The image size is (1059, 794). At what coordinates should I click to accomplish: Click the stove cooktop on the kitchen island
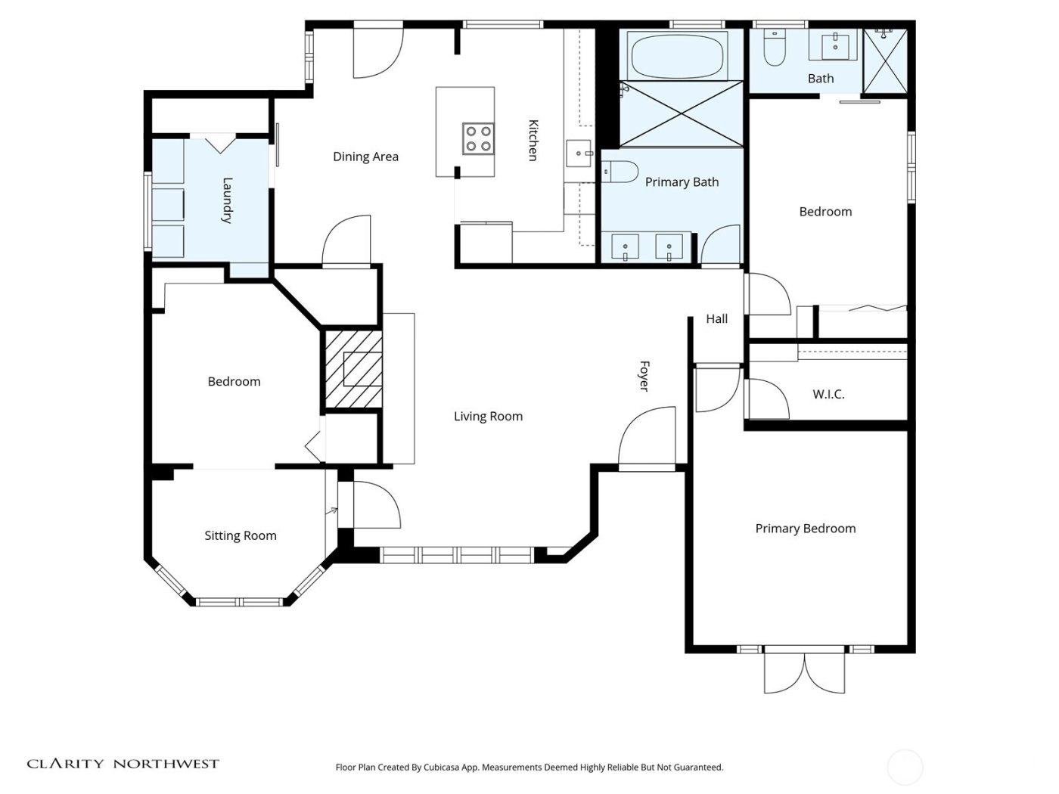(x=478, y=138)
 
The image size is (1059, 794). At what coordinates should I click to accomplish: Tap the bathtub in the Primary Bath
(x=676, y=55)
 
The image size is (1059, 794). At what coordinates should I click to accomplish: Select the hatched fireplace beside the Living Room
(x=353, y=370)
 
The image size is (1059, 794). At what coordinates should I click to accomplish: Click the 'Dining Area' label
(x=365, y=157)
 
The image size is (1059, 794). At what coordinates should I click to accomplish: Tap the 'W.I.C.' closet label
(x=828, y=394)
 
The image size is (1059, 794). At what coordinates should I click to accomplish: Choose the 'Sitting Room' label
(x=241, y=535)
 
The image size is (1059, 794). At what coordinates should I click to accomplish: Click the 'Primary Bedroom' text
(x=806, y=529)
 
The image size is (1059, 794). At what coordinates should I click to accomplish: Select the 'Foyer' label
(x=644, y=376)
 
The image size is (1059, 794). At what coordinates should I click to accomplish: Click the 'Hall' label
(x=716, y=318)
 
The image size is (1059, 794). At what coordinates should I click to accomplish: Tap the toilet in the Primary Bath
(x=622, y=172)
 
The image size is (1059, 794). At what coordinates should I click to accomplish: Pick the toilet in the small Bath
(x=775, y=47)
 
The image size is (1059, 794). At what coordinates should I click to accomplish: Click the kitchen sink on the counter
(x=580, y=154)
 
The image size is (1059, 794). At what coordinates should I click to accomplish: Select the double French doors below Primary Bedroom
(x=804, y=671)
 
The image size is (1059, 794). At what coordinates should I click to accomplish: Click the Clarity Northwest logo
(x=123, y=764)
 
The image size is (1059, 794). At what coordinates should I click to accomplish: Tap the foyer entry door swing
(x=648, y=439)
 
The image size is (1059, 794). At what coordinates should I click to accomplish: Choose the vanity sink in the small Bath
(x=835, y=45)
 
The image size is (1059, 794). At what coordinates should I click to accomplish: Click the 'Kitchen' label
(x=533, y=140)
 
